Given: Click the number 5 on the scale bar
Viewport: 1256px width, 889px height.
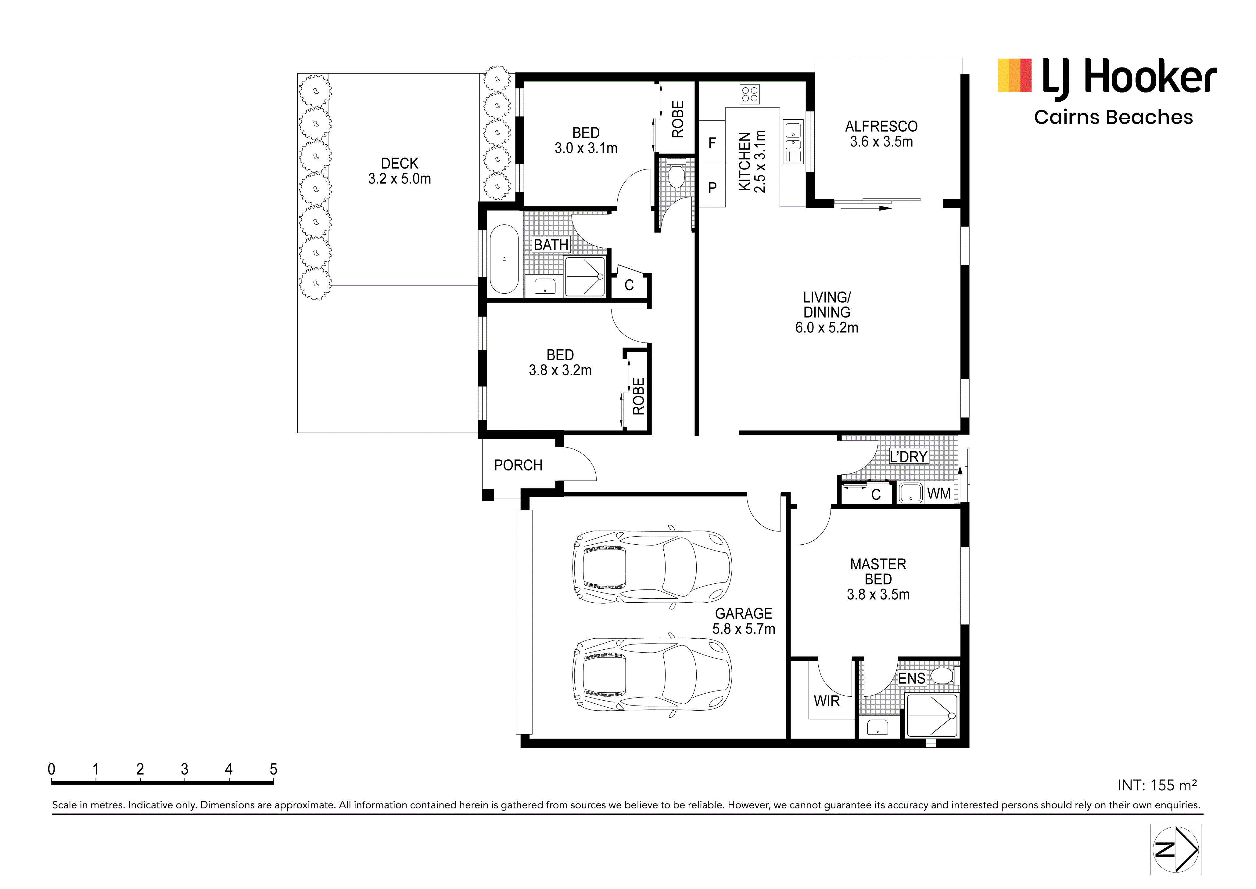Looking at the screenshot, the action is [x=274, y=769].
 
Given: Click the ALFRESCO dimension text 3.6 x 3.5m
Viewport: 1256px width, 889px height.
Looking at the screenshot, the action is [x=881, y=142].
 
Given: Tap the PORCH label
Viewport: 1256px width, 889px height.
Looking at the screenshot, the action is [x=518, y=465].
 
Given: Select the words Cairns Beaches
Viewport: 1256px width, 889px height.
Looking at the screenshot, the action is [x=1113, y=117].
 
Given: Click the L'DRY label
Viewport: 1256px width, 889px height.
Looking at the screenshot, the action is [x=909, y=456].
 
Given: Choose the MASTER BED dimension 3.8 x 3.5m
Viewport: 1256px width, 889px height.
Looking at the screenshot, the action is [x=878, y=594].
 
